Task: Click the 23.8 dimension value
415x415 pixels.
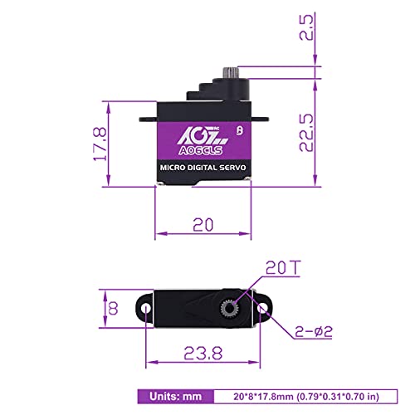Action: pos(203,353)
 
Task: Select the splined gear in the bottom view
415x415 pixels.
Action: pos(231,309)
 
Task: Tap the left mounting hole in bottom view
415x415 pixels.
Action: pos(147,309)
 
